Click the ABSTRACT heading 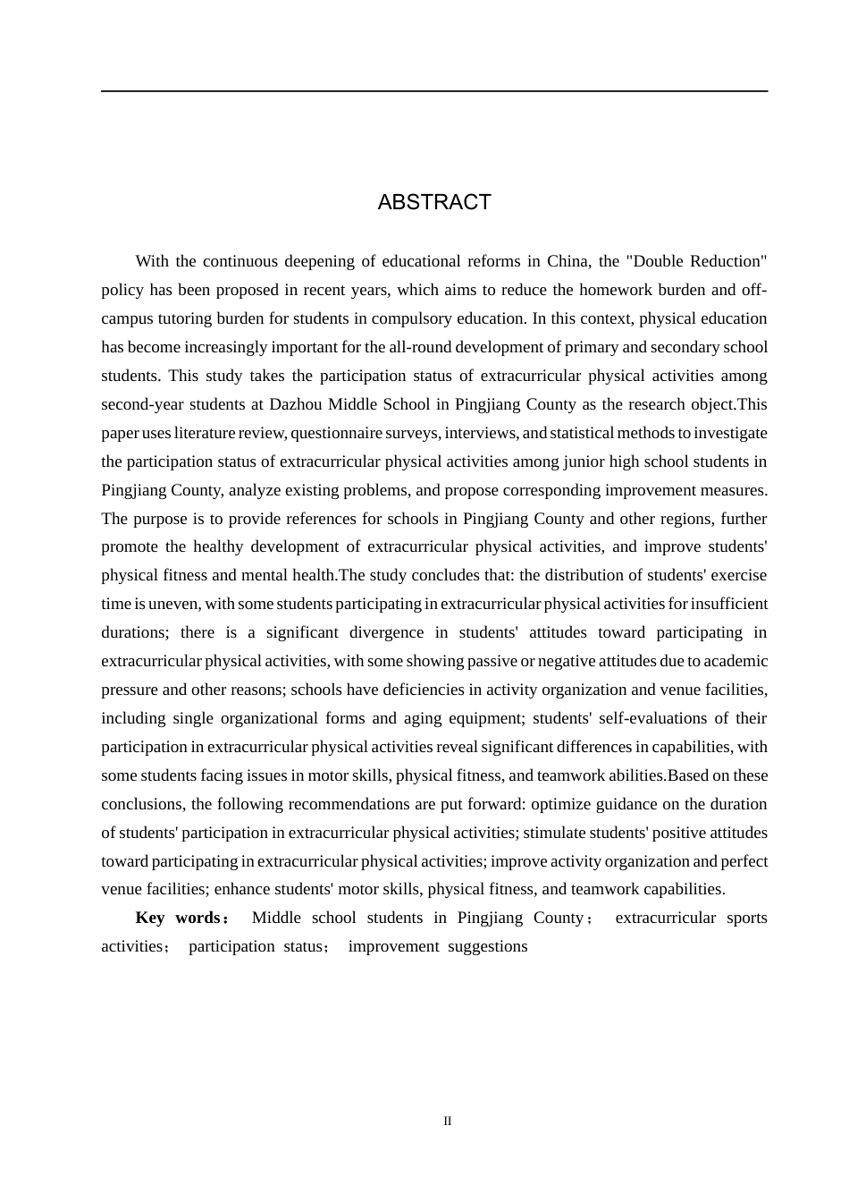(434, 202)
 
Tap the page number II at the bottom (448, 1122)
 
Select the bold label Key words (178, 918)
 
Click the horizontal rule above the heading (434, 91)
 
